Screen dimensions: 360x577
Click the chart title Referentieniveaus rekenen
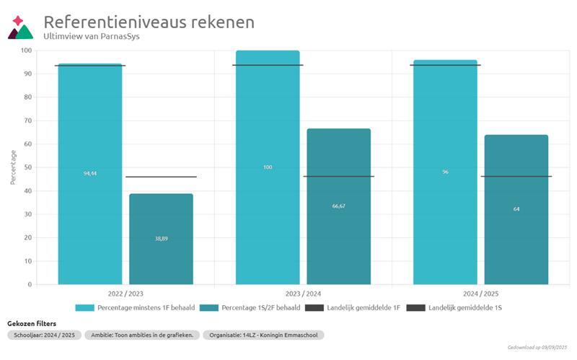pos(149,22)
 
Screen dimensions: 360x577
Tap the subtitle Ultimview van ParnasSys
pos(92,36)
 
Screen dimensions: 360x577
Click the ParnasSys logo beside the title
pos(20,27)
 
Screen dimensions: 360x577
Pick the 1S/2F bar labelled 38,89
pos(161,239)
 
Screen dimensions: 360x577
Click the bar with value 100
pos(268,167)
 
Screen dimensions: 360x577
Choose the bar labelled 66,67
pos(338,206)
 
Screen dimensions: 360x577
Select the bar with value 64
pos(516,209)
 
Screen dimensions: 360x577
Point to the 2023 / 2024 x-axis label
pos(303,294)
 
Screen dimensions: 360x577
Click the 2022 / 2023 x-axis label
pos(125,294)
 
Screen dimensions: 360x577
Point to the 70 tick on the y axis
pos(27,120)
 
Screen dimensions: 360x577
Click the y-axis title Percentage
pos(13,167)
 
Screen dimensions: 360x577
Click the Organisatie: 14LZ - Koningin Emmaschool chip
pos(263,335)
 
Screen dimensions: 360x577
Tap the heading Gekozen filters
pos(31,324)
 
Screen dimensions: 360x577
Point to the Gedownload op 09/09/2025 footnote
pos(538,347)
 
